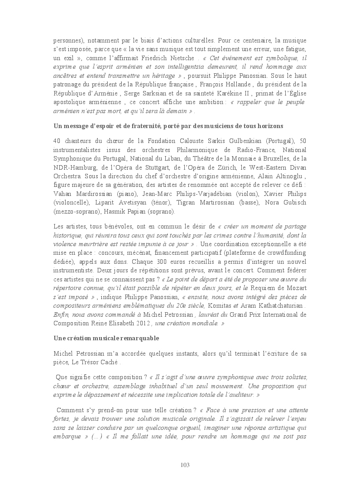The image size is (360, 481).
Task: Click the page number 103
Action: tap(184, 465)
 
